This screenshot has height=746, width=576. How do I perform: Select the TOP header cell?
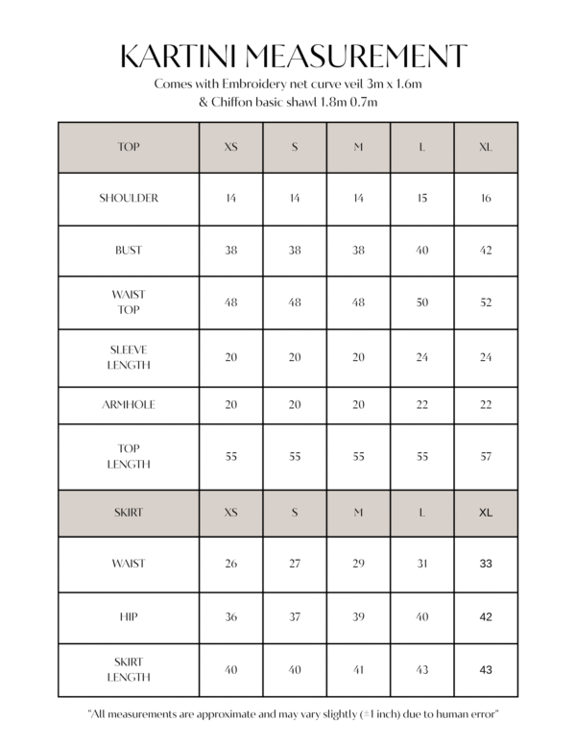coord(129,148)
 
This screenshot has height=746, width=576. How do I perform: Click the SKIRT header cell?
coord(129,513)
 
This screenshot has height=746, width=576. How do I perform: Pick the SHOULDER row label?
coord(129,199)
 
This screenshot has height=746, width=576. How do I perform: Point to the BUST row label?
coord(129,251)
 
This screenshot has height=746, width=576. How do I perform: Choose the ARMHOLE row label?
coord(129,405)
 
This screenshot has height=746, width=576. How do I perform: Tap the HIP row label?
coord(129,617)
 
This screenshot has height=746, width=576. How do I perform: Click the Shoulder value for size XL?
coord(485,199)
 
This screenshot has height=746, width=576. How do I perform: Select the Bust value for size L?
coord(421,251)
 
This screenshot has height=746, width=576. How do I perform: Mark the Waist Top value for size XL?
coord(485,302)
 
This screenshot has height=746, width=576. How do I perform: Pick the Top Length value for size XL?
coord(485,457)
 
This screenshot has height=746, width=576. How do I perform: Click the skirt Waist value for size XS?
coord(231,564)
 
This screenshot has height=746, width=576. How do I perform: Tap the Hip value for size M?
coord(358,617)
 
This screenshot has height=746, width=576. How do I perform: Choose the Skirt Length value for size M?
coord(358,670)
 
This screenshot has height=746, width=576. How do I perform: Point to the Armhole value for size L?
coord(421,405)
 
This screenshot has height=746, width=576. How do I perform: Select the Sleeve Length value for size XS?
coord(231,357)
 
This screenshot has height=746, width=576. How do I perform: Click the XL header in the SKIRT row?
coord(485,513)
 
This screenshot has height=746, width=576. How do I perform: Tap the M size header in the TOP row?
coord(358,148)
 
